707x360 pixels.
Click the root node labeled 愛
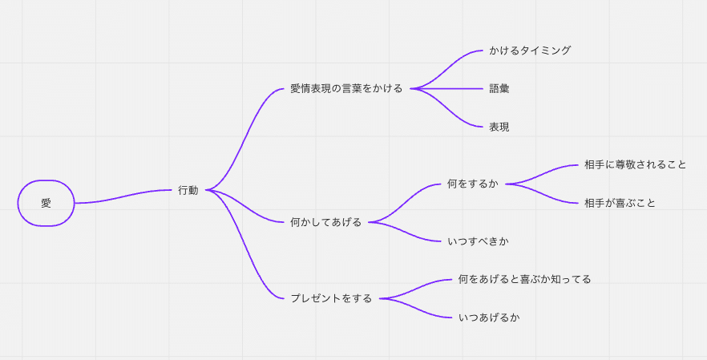tap(46, 203)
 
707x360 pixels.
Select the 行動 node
tap(188, 190)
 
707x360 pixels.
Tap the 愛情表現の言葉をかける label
tap(346, 88)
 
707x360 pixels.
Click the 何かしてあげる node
tap(325, 222)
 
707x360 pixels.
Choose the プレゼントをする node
tap(331, 298)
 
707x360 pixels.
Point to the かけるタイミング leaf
tap(530, 51)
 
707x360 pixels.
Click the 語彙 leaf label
tap(499, 88)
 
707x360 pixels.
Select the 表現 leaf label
tap(499, 127)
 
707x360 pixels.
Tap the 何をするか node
tap(473, 184)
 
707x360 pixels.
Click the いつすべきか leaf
tap(479, 241)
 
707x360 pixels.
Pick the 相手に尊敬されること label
tap(636, 164)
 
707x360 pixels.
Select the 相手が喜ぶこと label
tap(620, 203)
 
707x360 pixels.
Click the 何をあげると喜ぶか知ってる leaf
tap(524, 279)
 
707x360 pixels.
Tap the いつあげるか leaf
tap(489, 318)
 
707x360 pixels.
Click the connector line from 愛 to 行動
tap(124, 196)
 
